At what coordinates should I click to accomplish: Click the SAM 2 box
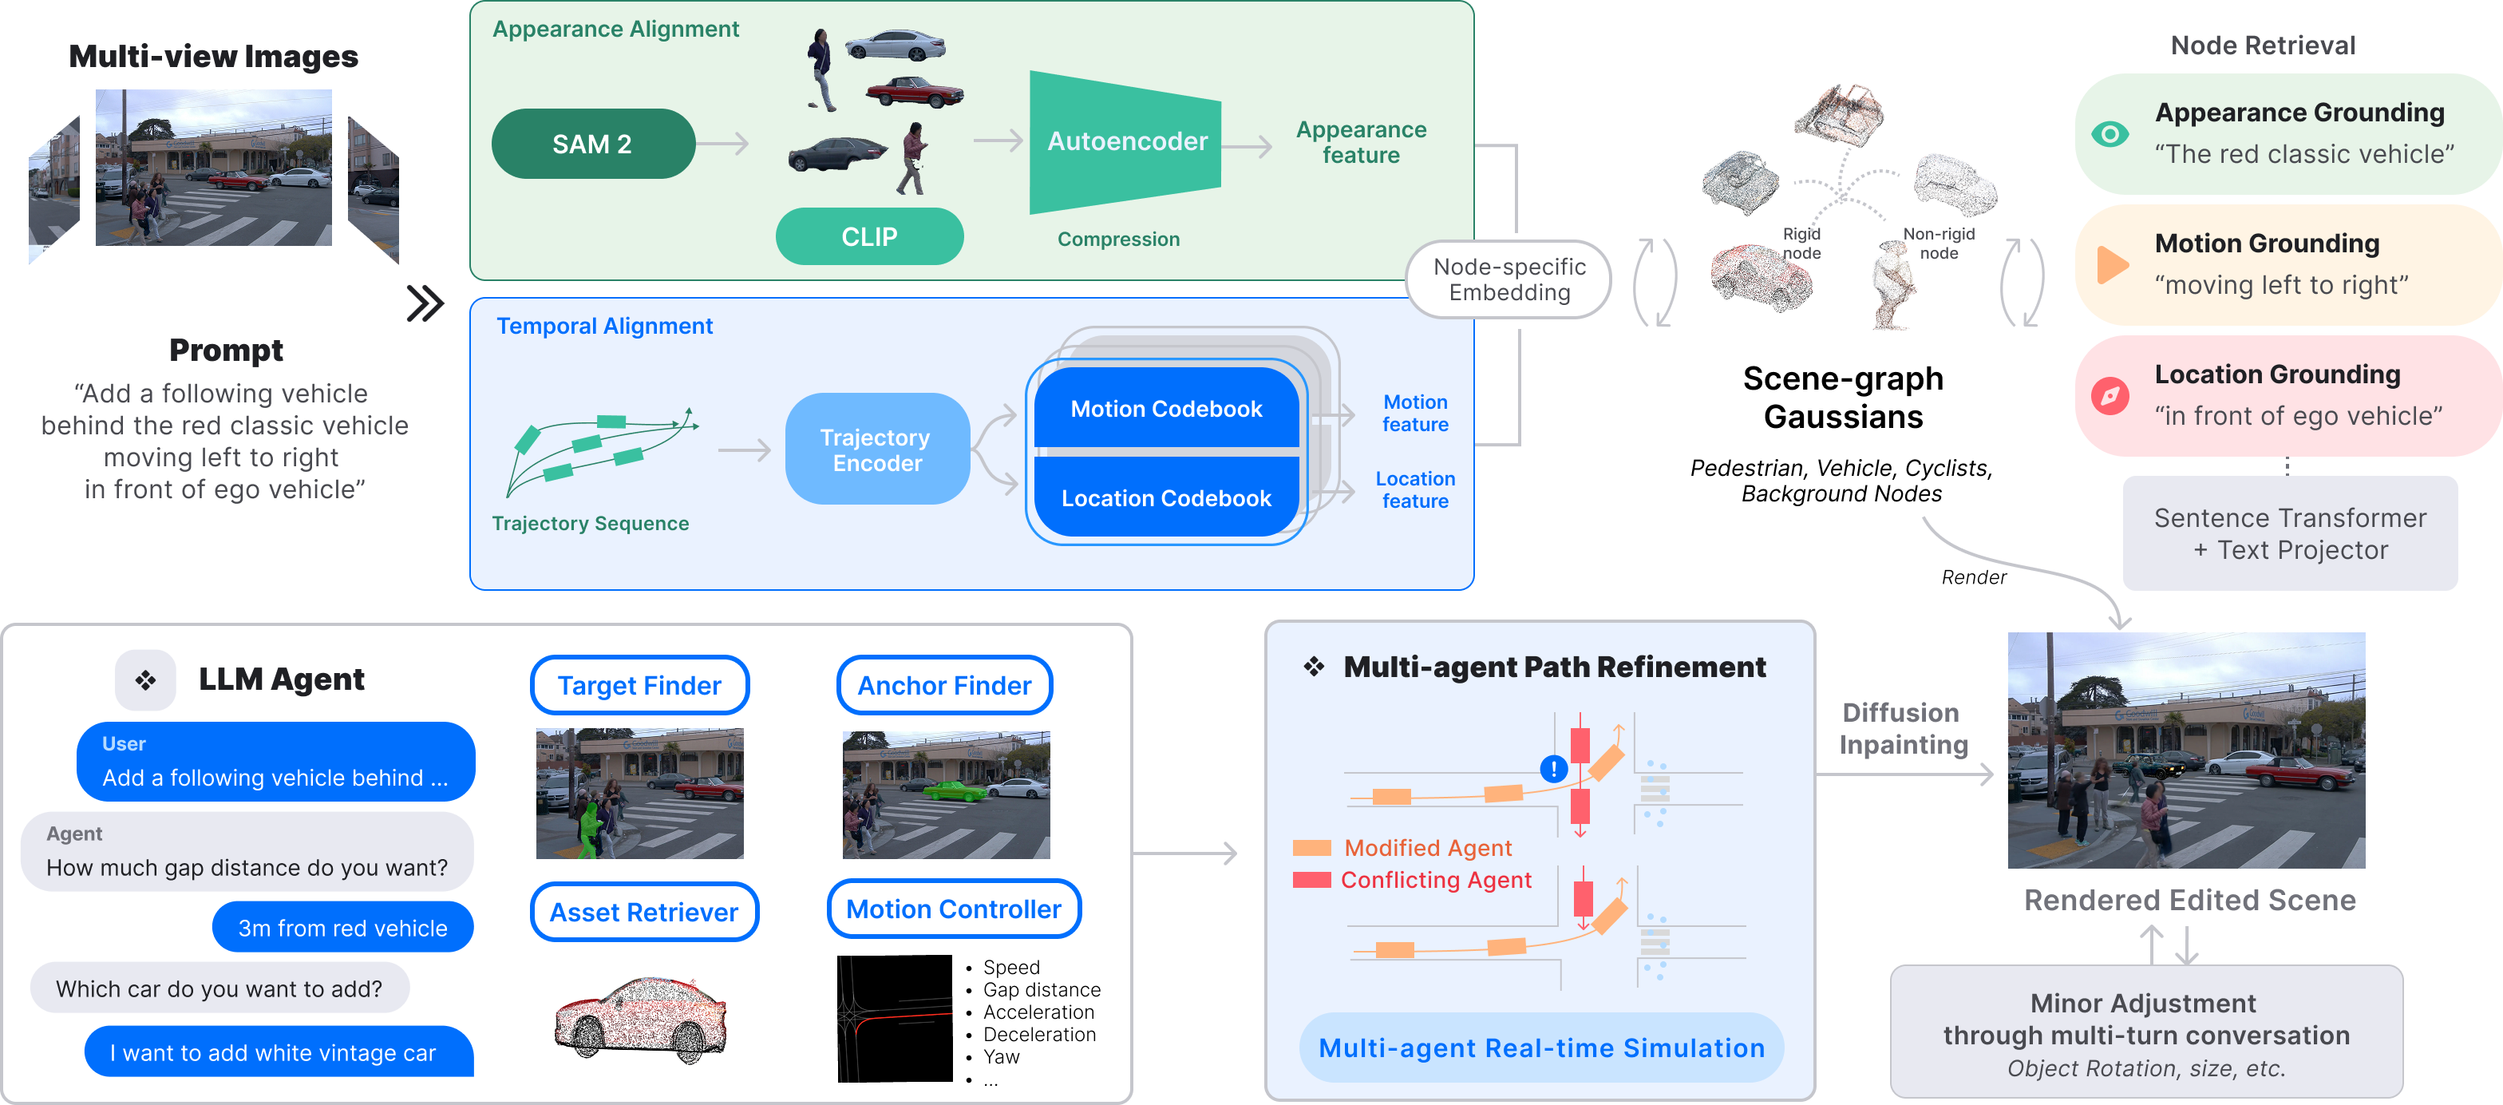point(593,144)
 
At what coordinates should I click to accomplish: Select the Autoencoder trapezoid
point(1125,142)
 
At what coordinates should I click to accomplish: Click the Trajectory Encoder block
point(876,449)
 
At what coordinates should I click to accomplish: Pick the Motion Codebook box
point(1166,408)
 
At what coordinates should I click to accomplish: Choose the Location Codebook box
point(1166,497)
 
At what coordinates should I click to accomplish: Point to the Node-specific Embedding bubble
point(1509,280)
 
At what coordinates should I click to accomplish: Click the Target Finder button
point(639,685)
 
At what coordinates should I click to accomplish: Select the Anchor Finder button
point(944,685)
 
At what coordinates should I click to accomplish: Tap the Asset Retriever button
point(644,912)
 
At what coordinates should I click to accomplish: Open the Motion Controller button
point(953,909)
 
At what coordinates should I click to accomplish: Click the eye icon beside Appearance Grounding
point(2110,134)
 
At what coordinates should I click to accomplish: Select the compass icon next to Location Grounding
point(2110,395)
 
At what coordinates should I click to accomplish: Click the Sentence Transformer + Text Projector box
point(2289,533)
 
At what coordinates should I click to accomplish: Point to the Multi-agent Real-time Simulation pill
point(1541,1048)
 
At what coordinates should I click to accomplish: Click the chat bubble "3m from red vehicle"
point(343,928)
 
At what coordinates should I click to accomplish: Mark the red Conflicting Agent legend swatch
point(1311,880)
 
